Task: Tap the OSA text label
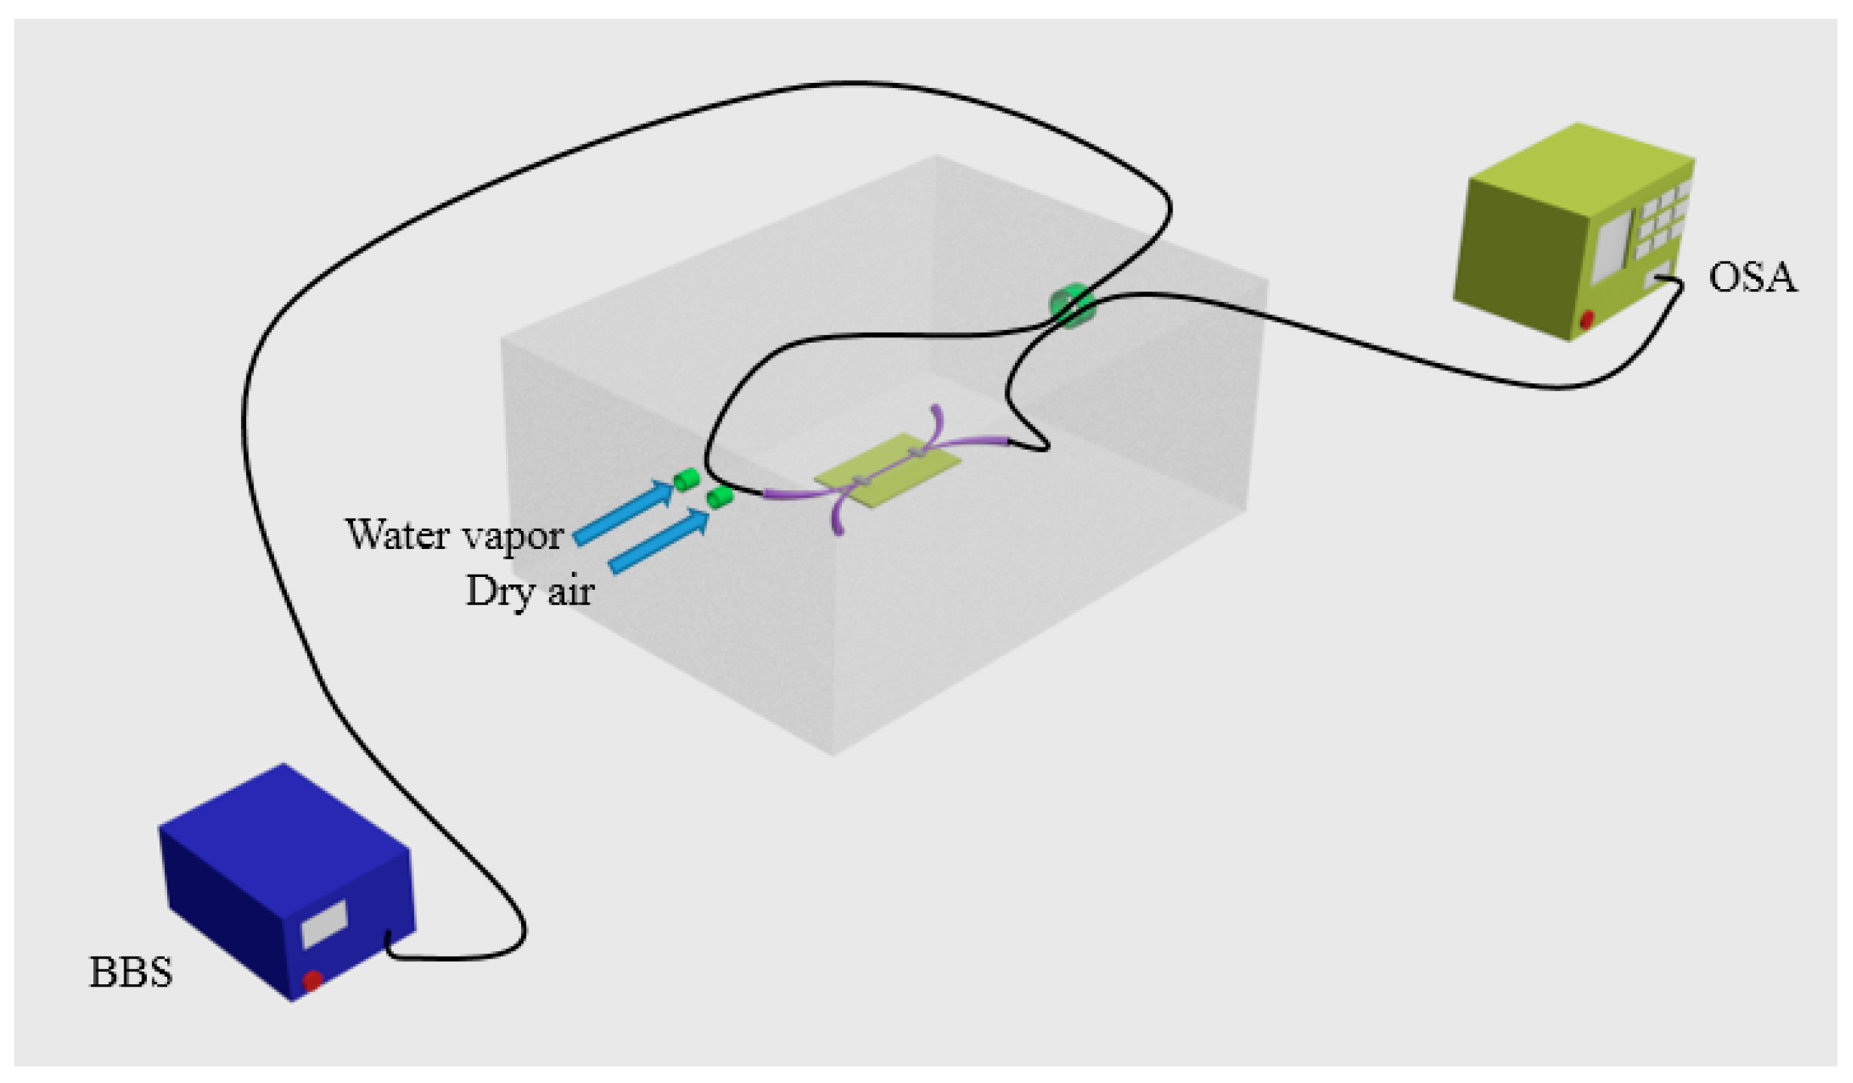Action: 1751,277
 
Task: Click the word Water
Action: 397,535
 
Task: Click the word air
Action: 571,590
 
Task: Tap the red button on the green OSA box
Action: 1586,319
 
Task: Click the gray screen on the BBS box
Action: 324,923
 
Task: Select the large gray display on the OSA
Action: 1611,243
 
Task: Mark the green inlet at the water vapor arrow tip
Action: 687,479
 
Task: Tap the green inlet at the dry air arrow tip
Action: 720,496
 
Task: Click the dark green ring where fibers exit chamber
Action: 1071,304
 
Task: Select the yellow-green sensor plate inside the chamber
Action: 888,470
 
